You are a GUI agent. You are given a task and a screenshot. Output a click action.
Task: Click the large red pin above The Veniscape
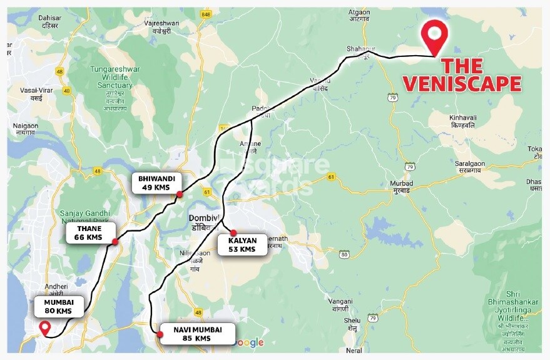(434, 36)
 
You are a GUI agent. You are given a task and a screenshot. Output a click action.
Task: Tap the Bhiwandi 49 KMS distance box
(156, 183)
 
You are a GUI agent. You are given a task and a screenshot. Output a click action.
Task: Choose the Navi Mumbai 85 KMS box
(196, 334)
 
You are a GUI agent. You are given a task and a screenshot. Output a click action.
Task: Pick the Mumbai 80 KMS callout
(58, 306)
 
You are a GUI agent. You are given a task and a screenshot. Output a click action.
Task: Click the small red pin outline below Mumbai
(44, 327)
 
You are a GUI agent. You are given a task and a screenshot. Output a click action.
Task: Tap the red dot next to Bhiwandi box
(180, 194)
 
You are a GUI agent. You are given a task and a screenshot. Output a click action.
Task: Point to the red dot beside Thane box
(115, 242)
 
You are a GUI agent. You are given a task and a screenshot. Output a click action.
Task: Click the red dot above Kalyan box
(233, 232)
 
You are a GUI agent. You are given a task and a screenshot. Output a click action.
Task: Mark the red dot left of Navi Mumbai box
(160, 335)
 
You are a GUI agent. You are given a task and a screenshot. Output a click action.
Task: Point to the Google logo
(249, 342)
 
